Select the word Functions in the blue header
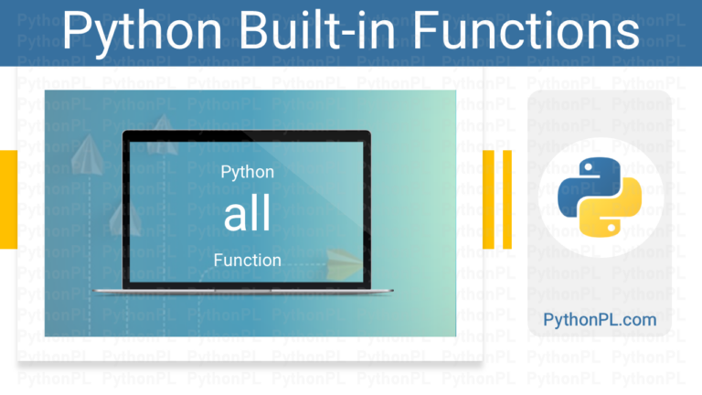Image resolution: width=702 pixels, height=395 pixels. click(x=526, y=29)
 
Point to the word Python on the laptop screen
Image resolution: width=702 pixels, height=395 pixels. click(x=247, y=173)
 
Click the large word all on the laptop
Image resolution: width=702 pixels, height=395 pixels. click(x=247, y=213)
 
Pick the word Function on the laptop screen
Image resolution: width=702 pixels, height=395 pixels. click(x=247, y=261)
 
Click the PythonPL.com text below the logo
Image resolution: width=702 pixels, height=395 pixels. click(x=600, y=320)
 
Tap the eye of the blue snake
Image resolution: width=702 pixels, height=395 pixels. click(x=589, y=168)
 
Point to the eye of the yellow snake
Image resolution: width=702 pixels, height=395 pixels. click(x=611, y=228)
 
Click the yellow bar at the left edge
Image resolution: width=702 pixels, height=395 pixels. click(x=8, y=199)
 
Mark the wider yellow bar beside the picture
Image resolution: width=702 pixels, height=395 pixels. click(x=488, y=199)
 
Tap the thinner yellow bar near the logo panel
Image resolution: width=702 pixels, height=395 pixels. click(x=506, y=199)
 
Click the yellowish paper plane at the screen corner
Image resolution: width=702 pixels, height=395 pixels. click(x=344, y=264)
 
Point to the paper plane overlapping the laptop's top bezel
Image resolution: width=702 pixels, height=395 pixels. click(x=163, y=134)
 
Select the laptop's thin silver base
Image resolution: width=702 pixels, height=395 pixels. click(x=242, y=291)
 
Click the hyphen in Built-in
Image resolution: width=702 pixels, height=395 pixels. click(x=344, y=35)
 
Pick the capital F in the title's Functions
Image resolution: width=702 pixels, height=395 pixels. click(x=424, y=29)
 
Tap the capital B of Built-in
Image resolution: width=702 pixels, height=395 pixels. click(x=254, y=29)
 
